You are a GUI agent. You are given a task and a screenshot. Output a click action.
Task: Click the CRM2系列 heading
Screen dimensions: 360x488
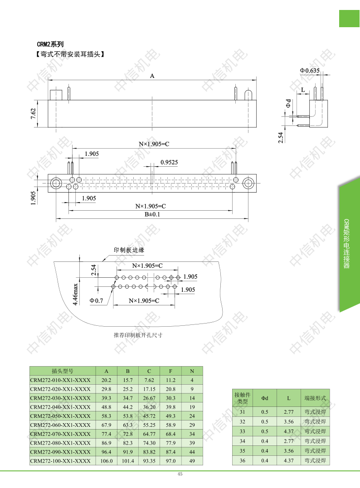(x=50, y=44)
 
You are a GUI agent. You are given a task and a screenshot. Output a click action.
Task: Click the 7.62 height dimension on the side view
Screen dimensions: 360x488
(x=33, y=114)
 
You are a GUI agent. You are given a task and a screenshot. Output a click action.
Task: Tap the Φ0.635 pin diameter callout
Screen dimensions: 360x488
(x=310, y=71)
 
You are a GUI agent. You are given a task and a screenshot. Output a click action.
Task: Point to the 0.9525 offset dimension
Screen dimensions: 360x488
(x=169, y=162)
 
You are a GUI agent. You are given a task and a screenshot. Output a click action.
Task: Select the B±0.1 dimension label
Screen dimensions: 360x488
(x=152, y=214)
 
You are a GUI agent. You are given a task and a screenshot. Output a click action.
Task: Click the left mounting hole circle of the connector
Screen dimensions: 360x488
(x=56, y=183)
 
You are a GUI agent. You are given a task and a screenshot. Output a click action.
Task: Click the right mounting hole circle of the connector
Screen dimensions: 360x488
(x=248, y=183)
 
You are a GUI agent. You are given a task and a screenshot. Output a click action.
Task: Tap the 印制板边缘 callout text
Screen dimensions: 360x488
(x=129, y=250)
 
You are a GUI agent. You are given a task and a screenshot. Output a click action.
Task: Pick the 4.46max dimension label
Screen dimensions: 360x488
(x=75, y=294)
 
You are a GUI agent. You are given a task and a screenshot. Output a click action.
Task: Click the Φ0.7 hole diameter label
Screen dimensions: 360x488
(x=96, y=301)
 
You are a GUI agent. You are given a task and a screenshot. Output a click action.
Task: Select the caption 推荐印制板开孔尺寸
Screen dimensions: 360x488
(x=138, y=335)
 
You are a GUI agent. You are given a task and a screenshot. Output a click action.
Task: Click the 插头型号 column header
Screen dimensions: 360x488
(x=63, y=371)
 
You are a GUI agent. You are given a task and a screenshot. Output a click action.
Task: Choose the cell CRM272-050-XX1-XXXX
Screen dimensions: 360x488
(x=60, y=416)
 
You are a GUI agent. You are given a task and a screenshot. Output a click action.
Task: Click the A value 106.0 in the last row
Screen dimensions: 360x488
(x=107, y=461)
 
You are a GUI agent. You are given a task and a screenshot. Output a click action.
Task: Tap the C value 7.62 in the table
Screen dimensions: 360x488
(x=149, y=380)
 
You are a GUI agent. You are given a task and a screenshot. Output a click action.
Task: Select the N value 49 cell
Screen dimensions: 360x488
(x=192, y=461)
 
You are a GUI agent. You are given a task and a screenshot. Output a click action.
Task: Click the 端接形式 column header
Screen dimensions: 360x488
(x=315, y=398)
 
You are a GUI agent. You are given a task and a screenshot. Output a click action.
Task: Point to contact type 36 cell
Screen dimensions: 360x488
(x=242, y=460)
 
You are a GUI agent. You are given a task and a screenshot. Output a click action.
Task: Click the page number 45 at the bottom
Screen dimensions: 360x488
(x=180, y=474)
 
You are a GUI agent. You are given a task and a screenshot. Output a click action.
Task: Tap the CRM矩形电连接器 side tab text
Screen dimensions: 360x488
(x=346, y=244)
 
